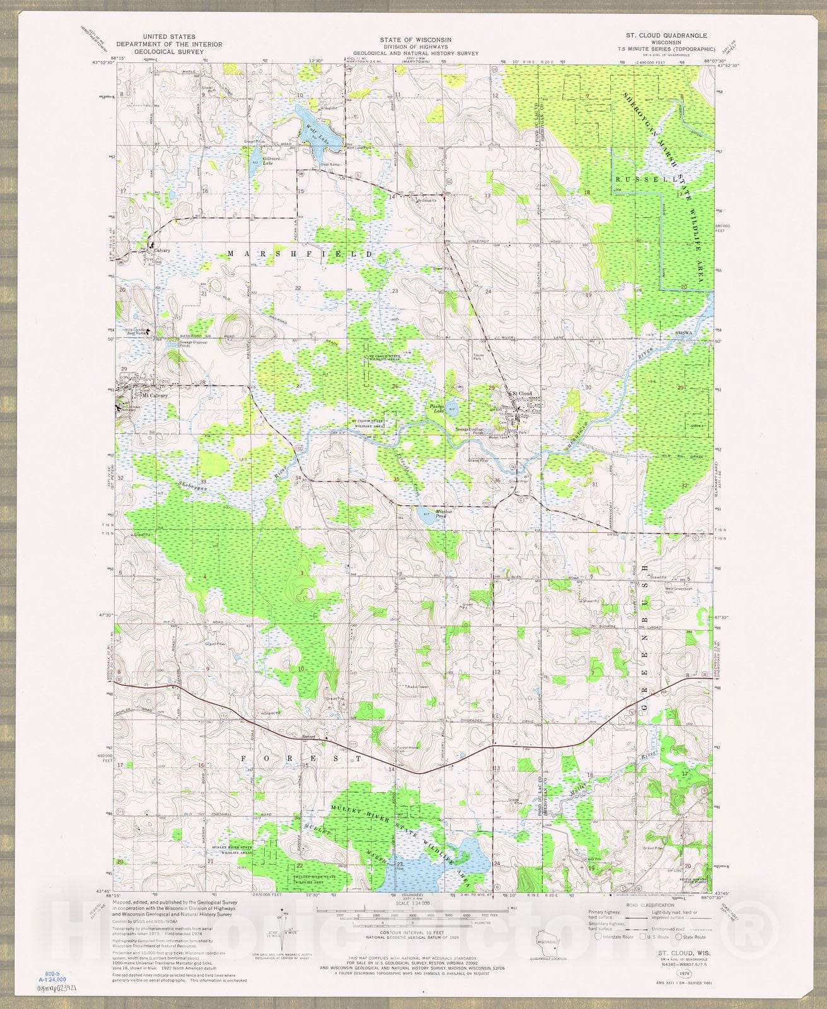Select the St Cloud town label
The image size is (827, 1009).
pyautogui.click(x=522, y=394)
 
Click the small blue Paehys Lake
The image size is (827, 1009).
pyautogui.click(x=452, y=408)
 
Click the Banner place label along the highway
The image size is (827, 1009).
pyautogui.click(x=308, y=736)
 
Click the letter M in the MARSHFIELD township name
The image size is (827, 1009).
pyautogui.click(x=231, y=253)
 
